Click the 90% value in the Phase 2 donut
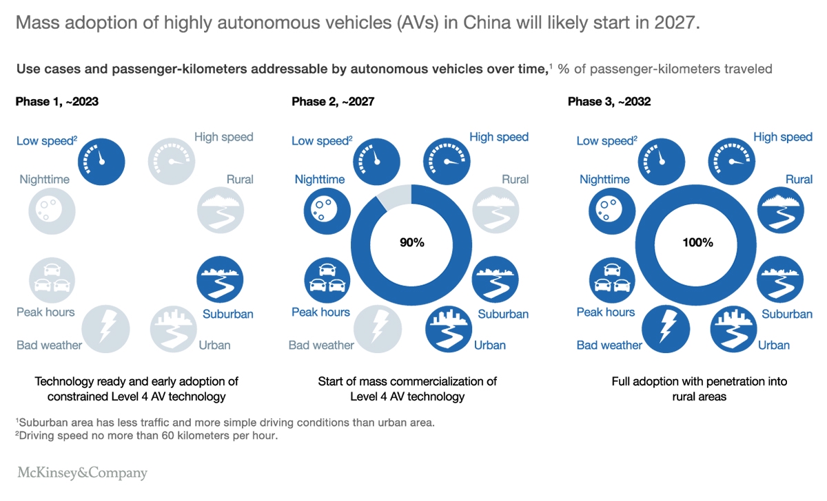tap(412, 242)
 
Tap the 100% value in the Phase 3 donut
tap(697, 242)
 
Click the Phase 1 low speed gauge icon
tap(101, 162)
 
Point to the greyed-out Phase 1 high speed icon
tap(172, 162)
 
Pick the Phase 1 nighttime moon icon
tap(52, 211)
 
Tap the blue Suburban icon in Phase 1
tap(220, 279)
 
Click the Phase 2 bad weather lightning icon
tap(378, 329)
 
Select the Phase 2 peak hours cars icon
tap(327, 280)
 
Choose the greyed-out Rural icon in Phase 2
tap(496, 210)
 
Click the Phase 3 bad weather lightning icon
tap(666, 329)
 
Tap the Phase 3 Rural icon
tap(780, 210)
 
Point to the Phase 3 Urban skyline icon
tap(733, 329)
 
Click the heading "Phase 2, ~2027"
tap(333, 101)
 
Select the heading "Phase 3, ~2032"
tap(609, 101)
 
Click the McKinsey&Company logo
tap(82, 473)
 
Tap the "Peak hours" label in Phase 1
tap(45, 312)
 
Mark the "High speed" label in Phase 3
tap(783, 137)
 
